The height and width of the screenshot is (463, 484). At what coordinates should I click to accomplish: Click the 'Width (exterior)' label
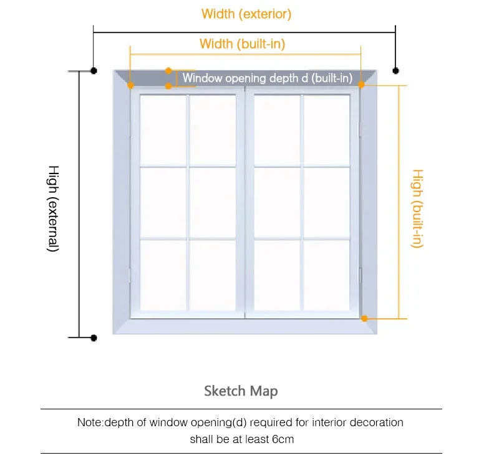tap(246, 13)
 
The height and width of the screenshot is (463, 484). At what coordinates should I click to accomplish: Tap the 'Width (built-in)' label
tap(242, 44)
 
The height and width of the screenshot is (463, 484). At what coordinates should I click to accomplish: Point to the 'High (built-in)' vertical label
tap(417, 208)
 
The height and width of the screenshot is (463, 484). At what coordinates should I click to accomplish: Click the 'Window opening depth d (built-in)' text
tap(268, 79)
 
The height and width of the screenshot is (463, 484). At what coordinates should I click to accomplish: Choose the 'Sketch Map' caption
tap(241, 391)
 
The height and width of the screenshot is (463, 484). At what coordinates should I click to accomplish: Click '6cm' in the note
tap(282, 439)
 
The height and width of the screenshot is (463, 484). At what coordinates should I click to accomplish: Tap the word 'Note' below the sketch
tap(90, 422)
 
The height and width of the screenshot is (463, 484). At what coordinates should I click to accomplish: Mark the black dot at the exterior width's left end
tap(94, 71)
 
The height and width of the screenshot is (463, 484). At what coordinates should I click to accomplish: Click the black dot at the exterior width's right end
tap(395, 71)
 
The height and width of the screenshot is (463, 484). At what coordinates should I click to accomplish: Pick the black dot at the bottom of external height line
tap(94, 338)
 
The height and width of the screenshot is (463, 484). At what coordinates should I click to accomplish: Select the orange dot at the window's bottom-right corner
tap(365, 318)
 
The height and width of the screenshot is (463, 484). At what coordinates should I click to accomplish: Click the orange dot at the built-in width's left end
tap(130, 85)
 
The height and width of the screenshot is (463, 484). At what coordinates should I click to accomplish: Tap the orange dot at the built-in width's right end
tap(361, 85)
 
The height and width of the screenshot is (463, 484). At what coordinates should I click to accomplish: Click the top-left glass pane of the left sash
tap(163, 130)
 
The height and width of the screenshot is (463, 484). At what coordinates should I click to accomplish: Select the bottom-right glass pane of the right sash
tap(327, 275)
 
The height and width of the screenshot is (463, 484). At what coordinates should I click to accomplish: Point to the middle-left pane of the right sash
tap(277, 202)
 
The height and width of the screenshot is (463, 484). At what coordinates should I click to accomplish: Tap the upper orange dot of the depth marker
tap(168, 71)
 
